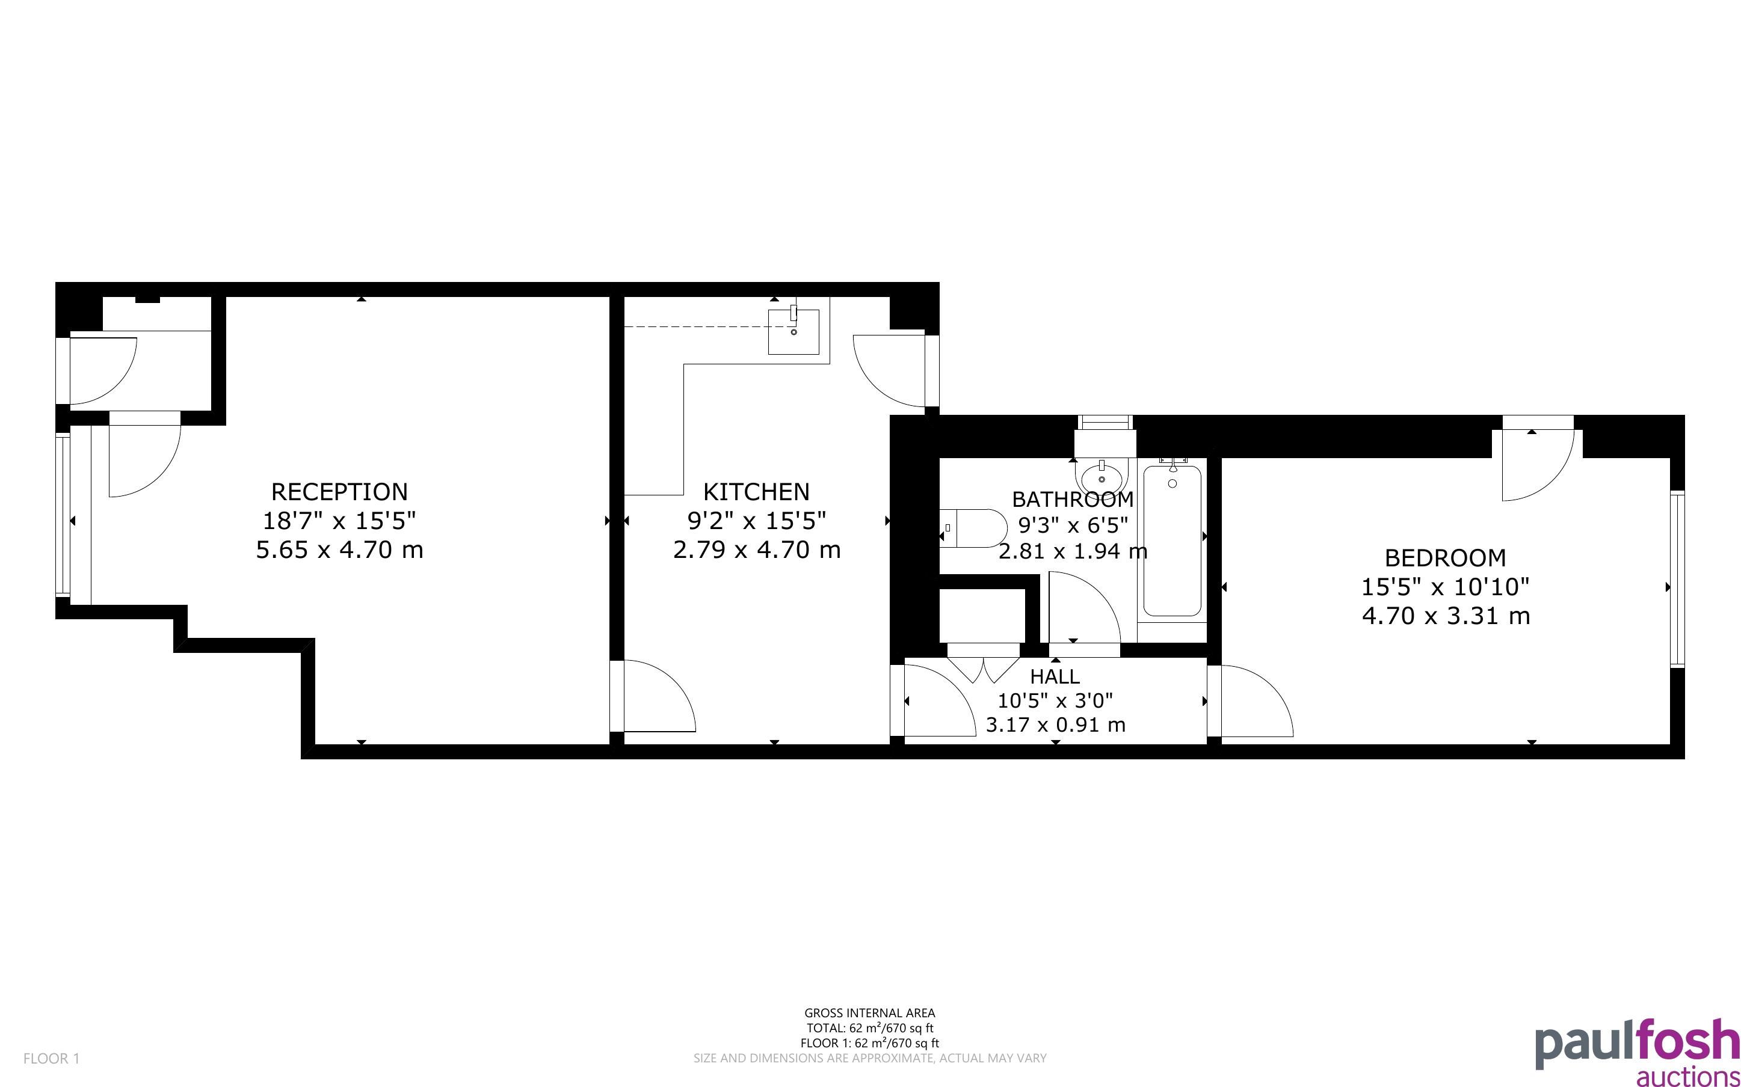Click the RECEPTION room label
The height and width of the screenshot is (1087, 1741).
point(339,492)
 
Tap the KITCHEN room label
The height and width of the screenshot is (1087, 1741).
point(757,492)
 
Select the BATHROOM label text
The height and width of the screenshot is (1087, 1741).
point(1073,499)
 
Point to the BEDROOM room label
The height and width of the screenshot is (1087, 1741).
point(1446,558)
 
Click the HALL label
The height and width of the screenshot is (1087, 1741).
point(1055,676)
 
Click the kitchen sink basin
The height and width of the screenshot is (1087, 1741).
point(793,331)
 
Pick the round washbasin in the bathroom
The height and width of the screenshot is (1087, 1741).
point(1102,476)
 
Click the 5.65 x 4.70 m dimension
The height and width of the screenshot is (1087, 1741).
point(339,550)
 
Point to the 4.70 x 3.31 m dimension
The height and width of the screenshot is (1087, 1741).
point(1446,616)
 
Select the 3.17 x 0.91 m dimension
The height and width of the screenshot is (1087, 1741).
point(1055,724)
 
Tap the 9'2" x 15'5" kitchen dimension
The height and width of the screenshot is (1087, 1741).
point(757,520)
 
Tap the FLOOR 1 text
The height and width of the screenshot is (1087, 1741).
point(52,1058)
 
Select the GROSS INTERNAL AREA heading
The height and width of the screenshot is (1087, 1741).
point(869,1014)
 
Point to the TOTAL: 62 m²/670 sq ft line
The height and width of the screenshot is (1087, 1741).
point(869,1028)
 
